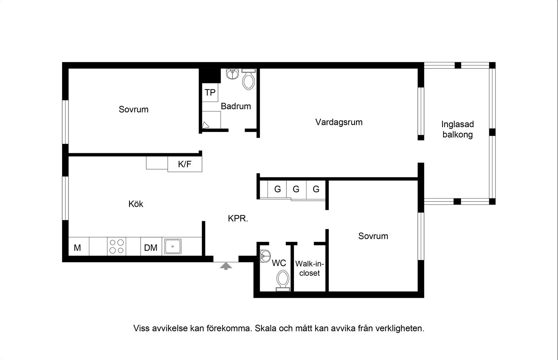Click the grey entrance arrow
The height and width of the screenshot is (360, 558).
[x=226, y=266]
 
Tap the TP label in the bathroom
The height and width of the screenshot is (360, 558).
[x=210, y=93]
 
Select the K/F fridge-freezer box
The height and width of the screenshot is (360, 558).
[x=185, y=164]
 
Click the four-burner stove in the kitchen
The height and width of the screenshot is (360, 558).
[x=116, y=246]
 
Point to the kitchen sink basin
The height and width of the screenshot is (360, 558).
[x=172, y=247]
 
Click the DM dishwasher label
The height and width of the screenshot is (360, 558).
[x=151, y=248]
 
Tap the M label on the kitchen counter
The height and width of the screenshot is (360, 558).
[x=77, y=248]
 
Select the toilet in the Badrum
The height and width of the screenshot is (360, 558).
[x=248, y=79]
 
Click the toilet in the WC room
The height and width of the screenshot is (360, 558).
[x=283, y=280]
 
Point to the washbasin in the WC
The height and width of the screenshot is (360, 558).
[x=265, y=256]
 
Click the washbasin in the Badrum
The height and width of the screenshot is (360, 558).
[x=232, y=74]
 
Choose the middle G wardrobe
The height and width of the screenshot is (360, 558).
[x=296, y=189]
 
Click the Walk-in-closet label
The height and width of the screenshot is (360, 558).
[x=310, y=268]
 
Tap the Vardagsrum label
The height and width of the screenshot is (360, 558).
[x=339, y=122]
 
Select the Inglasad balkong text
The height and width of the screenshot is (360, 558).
[x=458, y=129]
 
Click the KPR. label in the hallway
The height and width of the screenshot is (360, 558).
[x=238, y=218]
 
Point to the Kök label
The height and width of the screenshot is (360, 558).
[x=136, y=204]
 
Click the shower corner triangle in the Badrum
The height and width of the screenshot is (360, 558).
[x=205, y=125]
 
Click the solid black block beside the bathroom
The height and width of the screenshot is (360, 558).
[x=210, y=75]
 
